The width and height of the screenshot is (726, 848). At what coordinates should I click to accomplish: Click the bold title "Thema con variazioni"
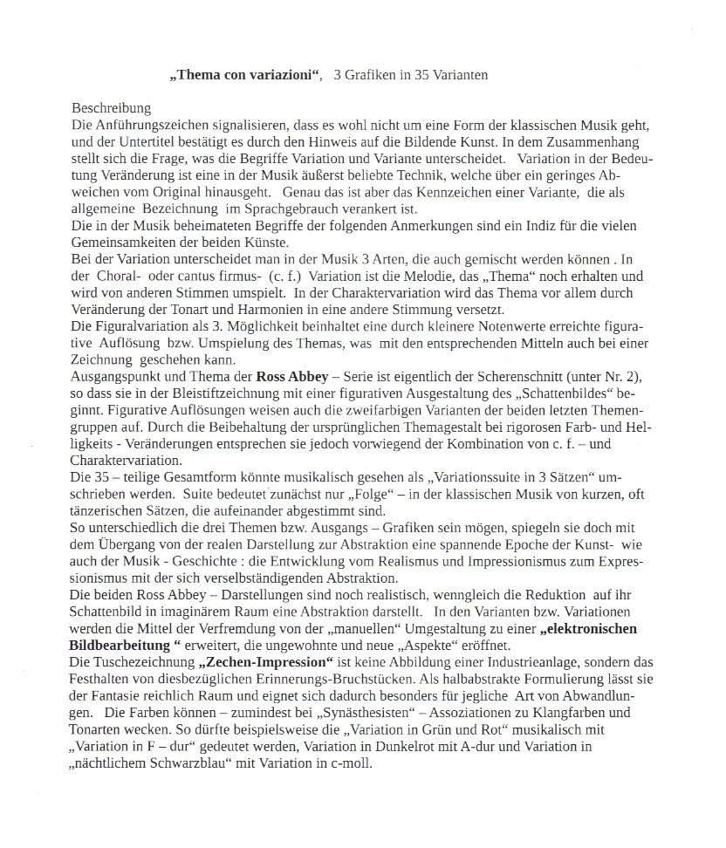[x=245, y=75]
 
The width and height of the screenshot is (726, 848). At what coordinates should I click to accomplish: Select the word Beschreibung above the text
[x=111, y=109]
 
